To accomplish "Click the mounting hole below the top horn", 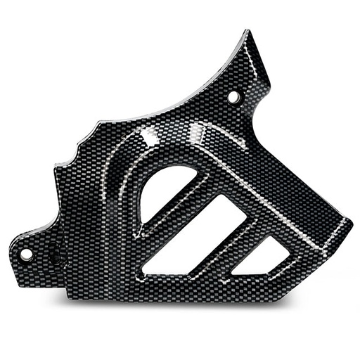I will click(x=233, y=96).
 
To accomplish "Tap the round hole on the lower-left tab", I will click(x=26, y=255).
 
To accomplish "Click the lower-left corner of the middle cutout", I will click(x=143, y=271).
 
